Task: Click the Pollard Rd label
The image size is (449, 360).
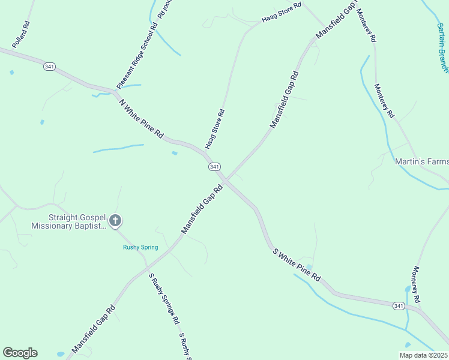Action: (x=20, y=34)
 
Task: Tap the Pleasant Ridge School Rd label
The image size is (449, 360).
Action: (x=137, y=55)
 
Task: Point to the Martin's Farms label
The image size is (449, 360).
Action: (x=421, y=161)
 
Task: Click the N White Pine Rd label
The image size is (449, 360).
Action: (x=142, y=119)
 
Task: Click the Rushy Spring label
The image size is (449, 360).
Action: (x=140, y=247)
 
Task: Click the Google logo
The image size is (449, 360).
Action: (x=20, y=353)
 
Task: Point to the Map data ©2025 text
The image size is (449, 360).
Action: (x=424, y=355)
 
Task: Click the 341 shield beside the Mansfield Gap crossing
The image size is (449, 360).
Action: (x=214, y=166)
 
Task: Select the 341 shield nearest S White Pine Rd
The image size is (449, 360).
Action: (x=398, y=306)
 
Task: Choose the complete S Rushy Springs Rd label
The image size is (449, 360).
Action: (x=164, y=298)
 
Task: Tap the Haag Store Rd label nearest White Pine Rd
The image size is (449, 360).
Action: (x=214, y=129)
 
